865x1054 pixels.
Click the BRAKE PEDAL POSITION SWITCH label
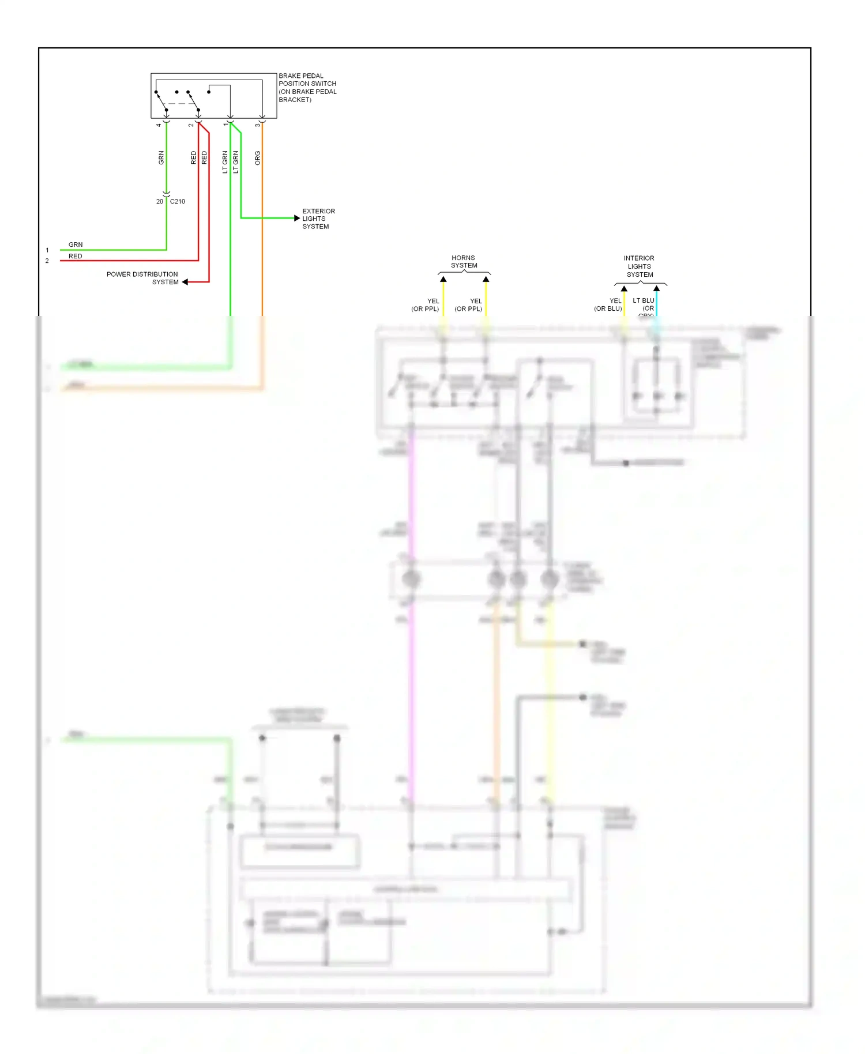pos(307,88)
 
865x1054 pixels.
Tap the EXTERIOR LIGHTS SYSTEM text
pos(318,219)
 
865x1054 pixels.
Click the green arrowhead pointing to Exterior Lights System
pos(297,218)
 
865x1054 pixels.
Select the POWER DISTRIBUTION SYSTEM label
pos(142,278)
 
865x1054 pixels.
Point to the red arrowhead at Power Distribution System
pos(185,282)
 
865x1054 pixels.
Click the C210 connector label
pos(178,201)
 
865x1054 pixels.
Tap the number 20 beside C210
pos(160,201)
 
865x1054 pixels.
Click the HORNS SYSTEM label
pos(464,262)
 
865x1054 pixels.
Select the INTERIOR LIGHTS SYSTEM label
pos(639,266)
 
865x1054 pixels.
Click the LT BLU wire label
pos(644,300)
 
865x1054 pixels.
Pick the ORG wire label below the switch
pos(258,158)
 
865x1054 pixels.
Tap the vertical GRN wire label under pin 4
pos(161,158)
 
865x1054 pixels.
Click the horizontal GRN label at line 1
pos(76,244)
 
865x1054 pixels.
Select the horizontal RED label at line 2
pos(76,256)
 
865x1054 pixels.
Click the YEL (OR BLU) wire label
pos(608,304)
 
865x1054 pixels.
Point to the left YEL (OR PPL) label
pos(426,305)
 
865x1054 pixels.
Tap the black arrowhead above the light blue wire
pos(656,288)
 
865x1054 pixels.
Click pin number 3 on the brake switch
pos(258,125)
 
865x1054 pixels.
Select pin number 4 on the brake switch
pos(159,125)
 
